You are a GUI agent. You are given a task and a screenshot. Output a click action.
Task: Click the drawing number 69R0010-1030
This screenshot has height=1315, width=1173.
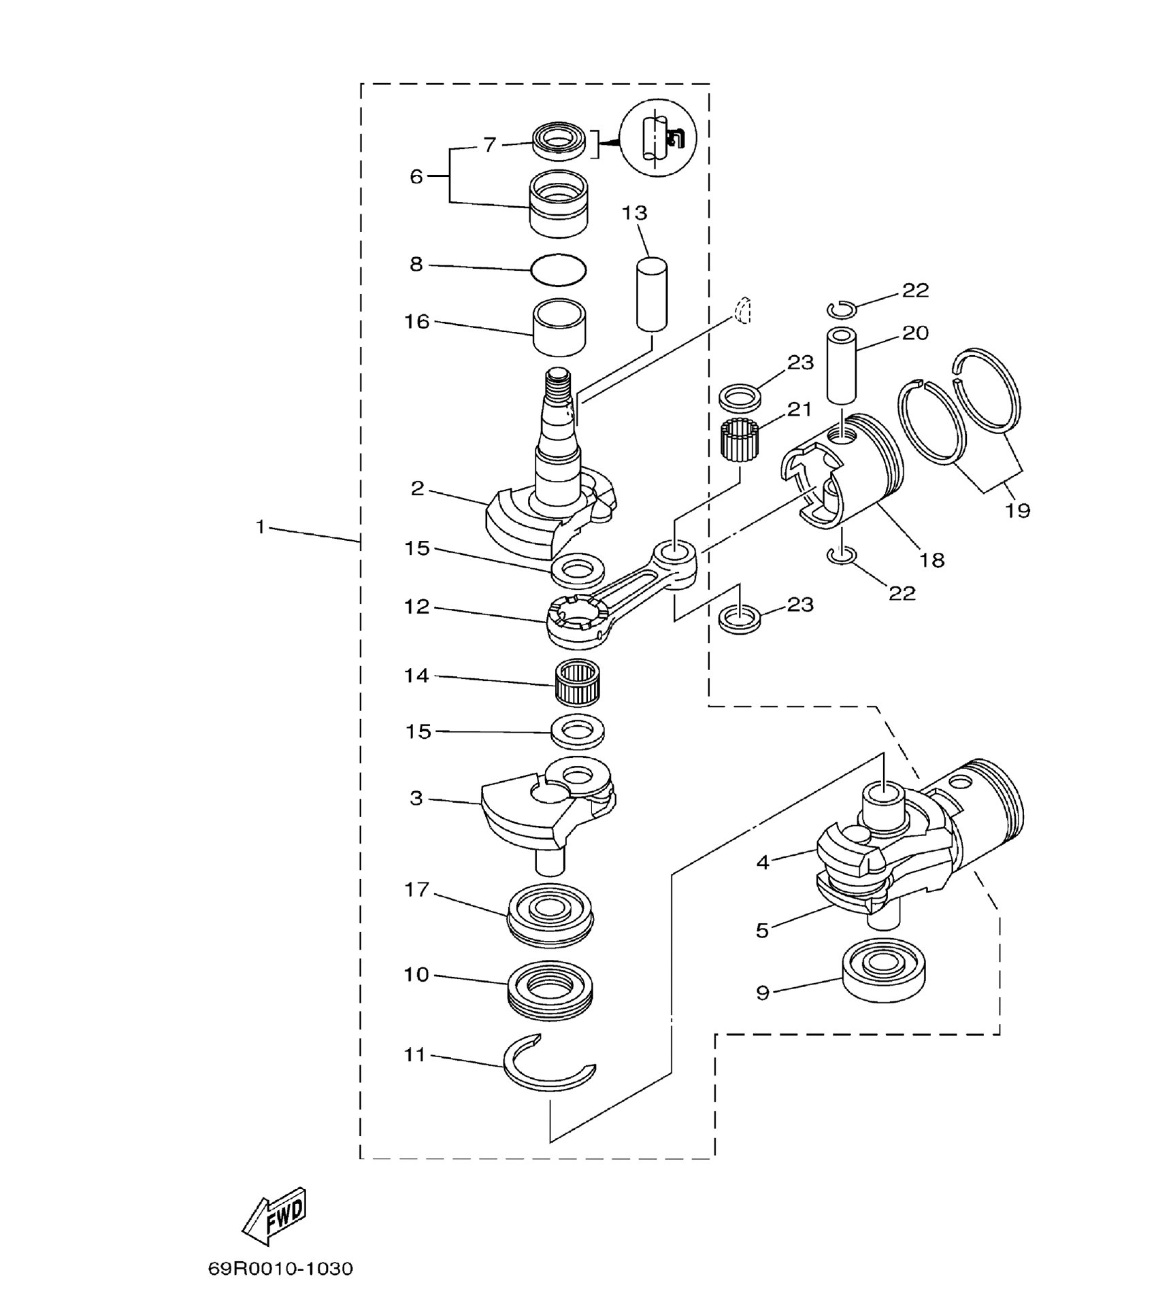(280, 1269)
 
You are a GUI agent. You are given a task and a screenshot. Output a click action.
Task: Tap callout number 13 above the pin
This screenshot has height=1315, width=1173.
(634, 213)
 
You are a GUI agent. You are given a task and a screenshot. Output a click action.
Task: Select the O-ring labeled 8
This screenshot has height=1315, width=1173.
(558, 270)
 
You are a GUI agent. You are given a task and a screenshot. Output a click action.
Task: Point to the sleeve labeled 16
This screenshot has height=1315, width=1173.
(559, 329)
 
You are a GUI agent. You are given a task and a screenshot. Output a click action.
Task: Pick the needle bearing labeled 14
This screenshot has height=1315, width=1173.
(577, 684)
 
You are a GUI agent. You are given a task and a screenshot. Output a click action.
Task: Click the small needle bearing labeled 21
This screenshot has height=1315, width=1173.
(740, 440)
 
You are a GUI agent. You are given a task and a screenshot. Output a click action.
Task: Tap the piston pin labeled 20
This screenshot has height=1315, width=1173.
(842, 367)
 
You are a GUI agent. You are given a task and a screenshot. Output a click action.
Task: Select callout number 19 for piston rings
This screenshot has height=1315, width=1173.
(1017, 510)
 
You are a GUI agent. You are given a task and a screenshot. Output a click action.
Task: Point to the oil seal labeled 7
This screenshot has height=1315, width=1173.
(559, 142)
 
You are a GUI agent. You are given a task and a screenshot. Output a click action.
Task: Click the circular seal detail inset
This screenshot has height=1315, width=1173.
(658, 138)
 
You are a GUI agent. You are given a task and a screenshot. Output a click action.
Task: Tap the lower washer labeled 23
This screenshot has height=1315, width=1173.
(740, 618)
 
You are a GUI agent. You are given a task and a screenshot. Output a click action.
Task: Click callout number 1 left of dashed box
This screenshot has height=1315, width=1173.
(260, 527)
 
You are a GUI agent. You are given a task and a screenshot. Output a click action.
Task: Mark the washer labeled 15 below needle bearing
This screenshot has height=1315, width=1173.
(578, 732)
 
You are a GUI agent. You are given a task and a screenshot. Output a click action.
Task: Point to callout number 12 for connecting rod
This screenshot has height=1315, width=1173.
(417, 606)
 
